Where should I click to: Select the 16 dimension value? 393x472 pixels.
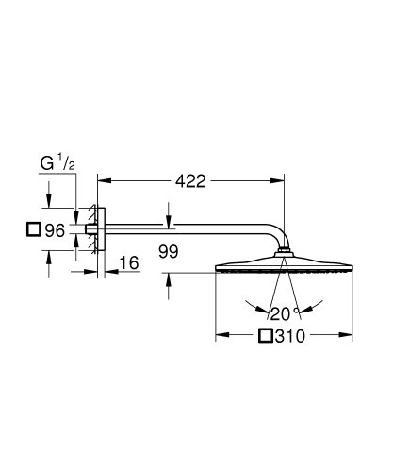[129, 263]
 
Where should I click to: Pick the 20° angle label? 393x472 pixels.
[282, 312]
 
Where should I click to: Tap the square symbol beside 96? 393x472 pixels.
[35, 229]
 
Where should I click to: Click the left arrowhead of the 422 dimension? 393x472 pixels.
[103, 177]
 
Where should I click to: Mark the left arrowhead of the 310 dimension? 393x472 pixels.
[221, 335]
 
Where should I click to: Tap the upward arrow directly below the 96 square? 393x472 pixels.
[47, 255]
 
